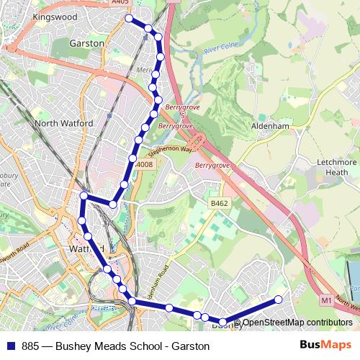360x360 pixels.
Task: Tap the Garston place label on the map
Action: tap(87, 43)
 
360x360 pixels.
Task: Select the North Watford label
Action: tap(64, 123)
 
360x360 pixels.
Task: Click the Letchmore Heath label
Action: tap(336, 167)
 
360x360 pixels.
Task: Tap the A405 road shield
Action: tap(121, 3)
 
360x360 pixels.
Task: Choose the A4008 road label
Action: tap(144, 165)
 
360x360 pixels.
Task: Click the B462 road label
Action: tap(219, 204)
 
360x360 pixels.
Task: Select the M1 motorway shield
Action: tap(326, 300)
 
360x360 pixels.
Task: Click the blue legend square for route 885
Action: tap(10, 346)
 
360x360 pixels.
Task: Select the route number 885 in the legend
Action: tap(31, 346)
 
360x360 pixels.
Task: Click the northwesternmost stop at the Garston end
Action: tap(129, 19)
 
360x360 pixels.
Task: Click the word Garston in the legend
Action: tap(189, 346)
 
